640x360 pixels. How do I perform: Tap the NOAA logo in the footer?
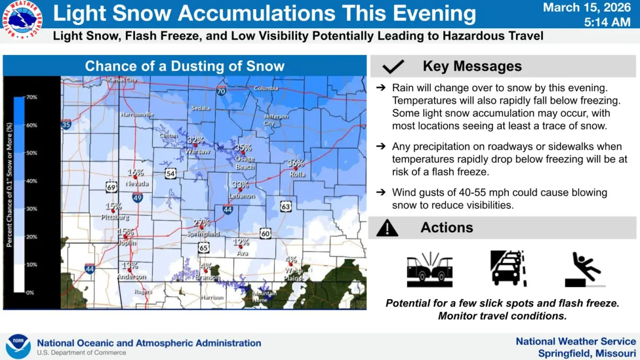tap(18, 346)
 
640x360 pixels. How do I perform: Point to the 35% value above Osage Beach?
tap(243, 148)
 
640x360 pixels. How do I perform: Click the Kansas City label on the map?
tap(122, 80)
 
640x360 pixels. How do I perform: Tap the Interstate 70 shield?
tap(221, 91)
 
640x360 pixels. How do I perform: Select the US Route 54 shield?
tap(170, 174)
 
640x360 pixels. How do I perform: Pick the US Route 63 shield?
tap(286, 206)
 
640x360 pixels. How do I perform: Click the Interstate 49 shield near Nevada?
tap(137, 197)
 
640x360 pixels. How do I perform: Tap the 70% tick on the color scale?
tap(31, 98)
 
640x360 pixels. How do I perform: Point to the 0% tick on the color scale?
tap(31, 292)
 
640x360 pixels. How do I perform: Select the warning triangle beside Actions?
tap(387, 228)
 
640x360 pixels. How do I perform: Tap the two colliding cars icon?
tap(429, 269)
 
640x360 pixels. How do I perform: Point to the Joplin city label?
tap(127, 243)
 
